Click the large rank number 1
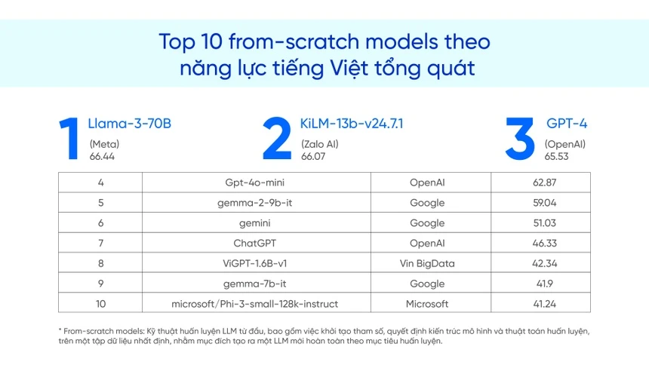(71, 139)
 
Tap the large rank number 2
(277, 139)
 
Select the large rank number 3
(520, 139)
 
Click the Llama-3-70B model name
(130, 124)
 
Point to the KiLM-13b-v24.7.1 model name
(352, 124)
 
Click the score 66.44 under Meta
(102, 156)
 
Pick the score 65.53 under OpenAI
(557, 156)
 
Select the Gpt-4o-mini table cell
(255, 182)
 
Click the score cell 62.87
(540, 182)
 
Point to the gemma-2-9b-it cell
(255, 203)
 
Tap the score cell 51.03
(540, 223)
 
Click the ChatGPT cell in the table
(255, 244)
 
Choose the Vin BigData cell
(427, 264)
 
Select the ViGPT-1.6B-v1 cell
(255, 264)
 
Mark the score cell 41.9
(540, 284)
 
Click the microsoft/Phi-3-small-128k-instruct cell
(255, 304)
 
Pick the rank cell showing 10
(100, 304)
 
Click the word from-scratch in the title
(273, 41)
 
